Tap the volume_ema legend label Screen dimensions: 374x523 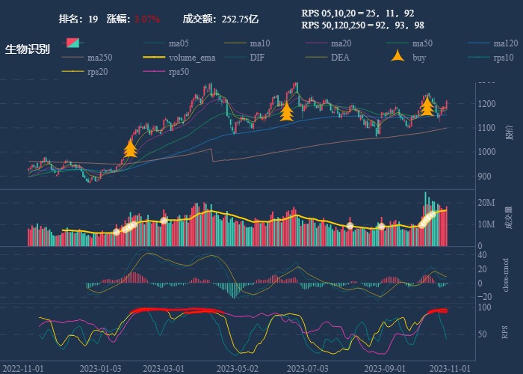click(192, 58)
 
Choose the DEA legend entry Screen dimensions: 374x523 click(340, 58)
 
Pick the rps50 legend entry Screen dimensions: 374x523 click(179, 72)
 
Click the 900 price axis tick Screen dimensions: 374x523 click(484, 177)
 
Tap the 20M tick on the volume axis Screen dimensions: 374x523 click(486, 203)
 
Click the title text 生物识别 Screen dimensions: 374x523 click(28, 50)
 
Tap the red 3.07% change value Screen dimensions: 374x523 click(147, 19)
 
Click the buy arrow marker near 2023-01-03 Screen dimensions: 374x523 click(130, 148)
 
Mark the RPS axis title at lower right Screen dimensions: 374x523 click(505, 331)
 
